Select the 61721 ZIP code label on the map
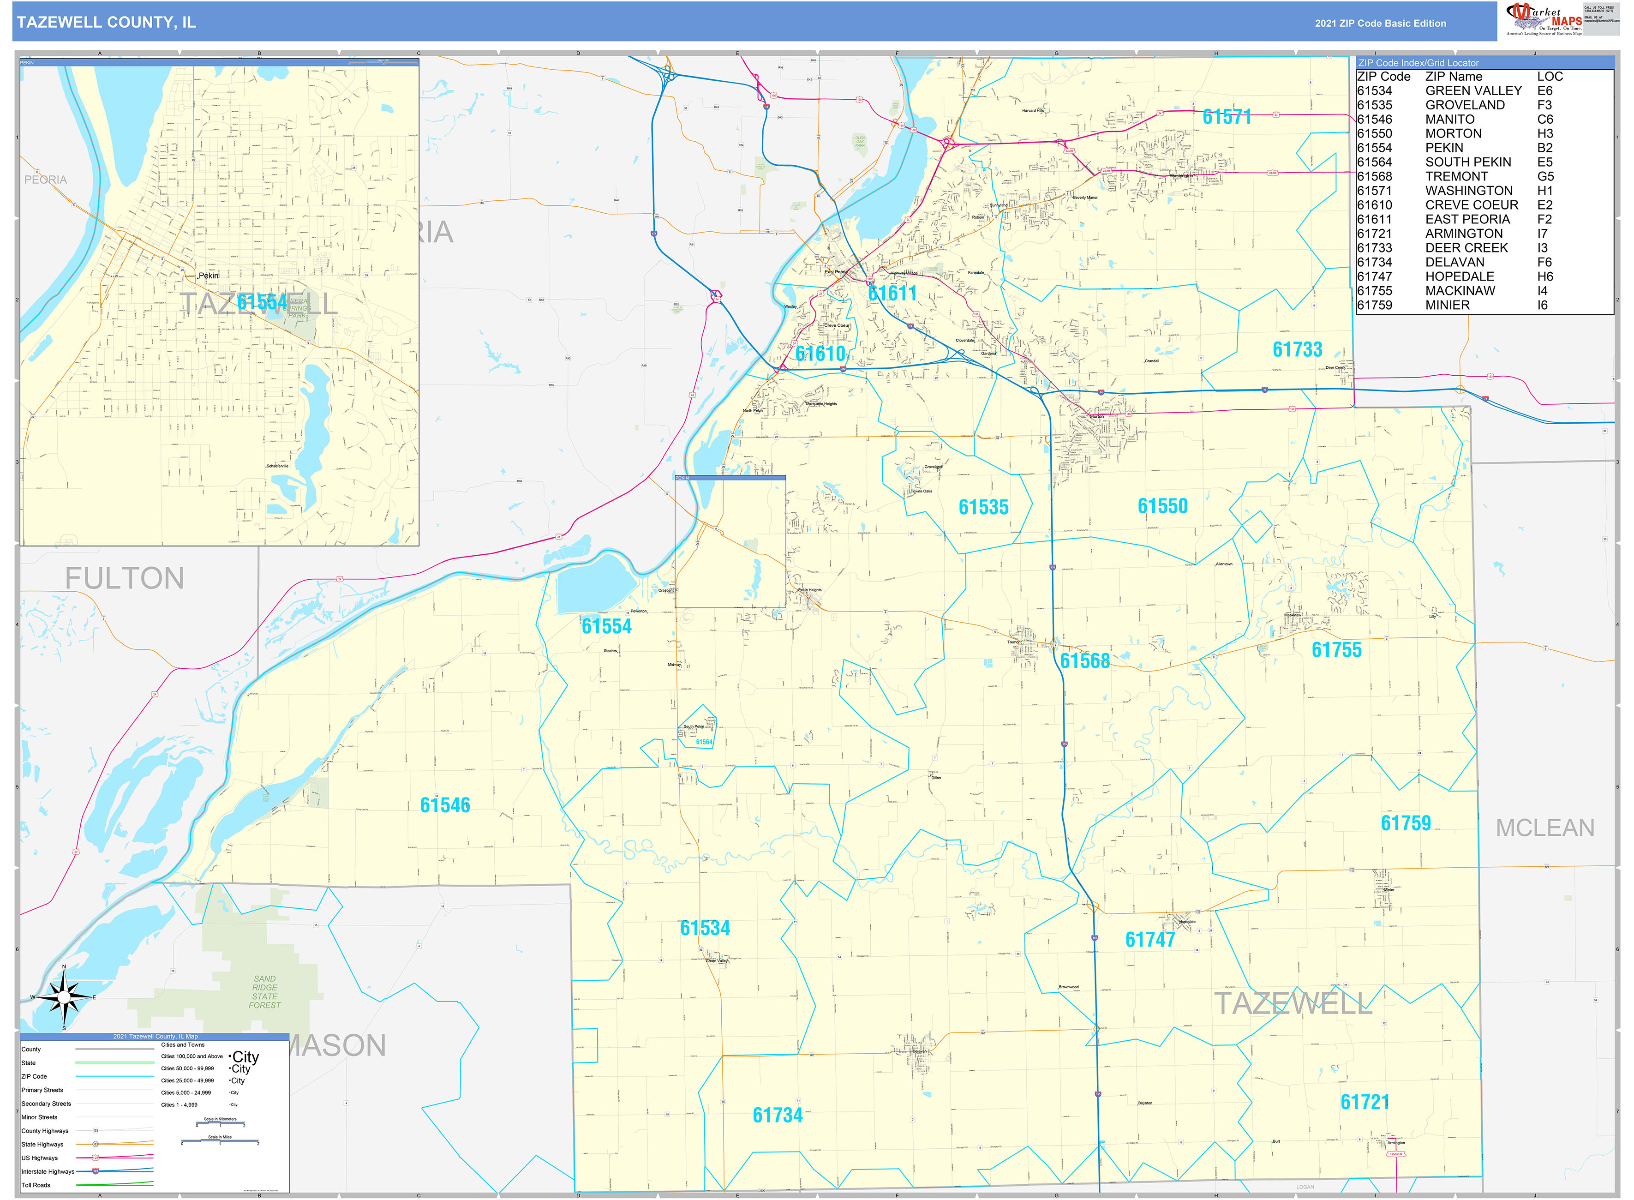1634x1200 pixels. (1365, 1102)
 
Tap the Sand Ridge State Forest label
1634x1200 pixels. (264, 991)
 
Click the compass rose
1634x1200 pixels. (64, 997)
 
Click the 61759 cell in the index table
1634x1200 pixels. (1374, 305)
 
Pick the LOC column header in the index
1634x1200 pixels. (1549, 76)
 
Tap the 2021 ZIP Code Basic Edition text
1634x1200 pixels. (1380, 23)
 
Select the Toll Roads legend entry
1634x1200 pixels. (36, 1185)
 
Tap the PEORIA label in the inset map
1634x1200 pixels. (46, 180)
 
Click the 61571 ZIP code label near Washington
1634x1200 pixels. (1227, 117)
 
